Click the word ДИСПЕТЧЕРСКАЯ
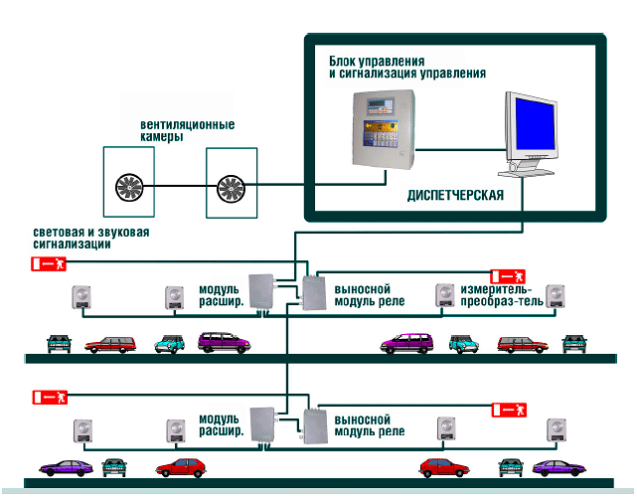[x=455, y=196]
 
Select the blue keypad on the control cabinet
[x=379, y=133]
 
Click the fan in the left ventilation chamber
[x=129, y=187]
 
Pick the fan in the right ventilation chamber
[x=231, y=189]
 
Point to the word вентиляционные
[x=188, y=124]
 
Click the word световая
[x=57, y=233]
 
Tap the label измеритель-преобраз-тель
[x=502, y=295]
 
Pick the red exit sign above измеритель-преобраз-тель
[x=508, y=276]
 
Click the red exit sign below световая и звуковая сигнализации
[x=49, y=263]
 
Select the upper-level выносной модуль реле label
[x=370, y=295]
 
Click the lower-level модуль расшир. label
[x=221, y=425]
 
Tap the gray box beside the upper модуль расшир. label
[x=261, y=292]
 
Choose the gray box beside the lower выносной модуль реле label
[x=316, y=426]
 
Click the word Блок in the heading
[x=342, y=62]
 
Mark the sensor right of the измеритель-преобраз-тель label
[x=555, y=296]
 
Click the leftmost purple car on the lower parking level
[x=66, y=468]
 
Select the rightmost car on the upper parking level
[x=574, y=343]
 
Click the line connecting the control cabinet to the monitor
[x=461, y=150]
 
